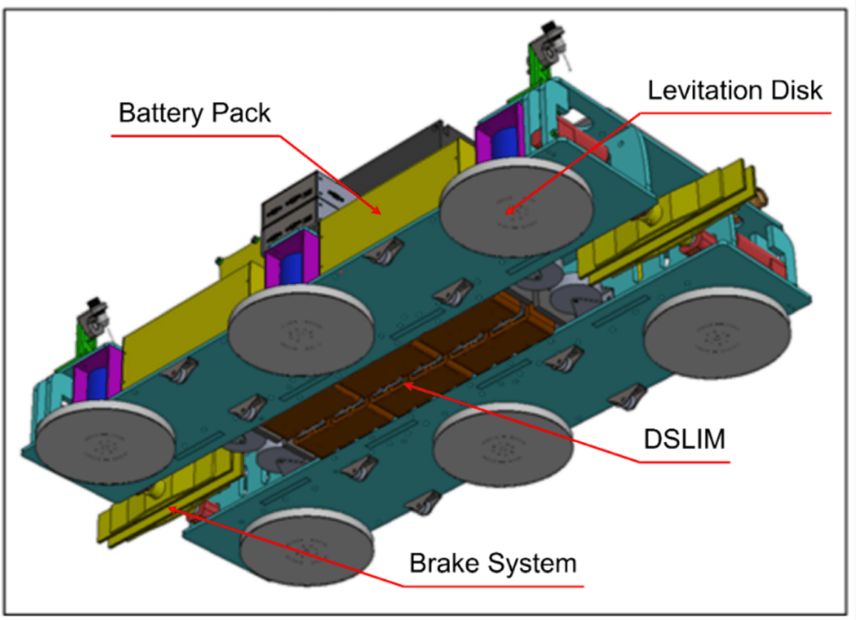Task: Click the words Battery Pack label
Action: (x=195, y=113)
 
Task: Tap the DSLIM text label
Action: (x=684, y=440)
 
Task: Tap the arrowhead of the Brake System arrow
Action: (x=170, y=507)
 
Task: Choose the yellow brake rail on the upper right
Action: (x=663, y=221)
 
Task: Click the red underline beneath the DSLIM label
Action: (x=684, y=462)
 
